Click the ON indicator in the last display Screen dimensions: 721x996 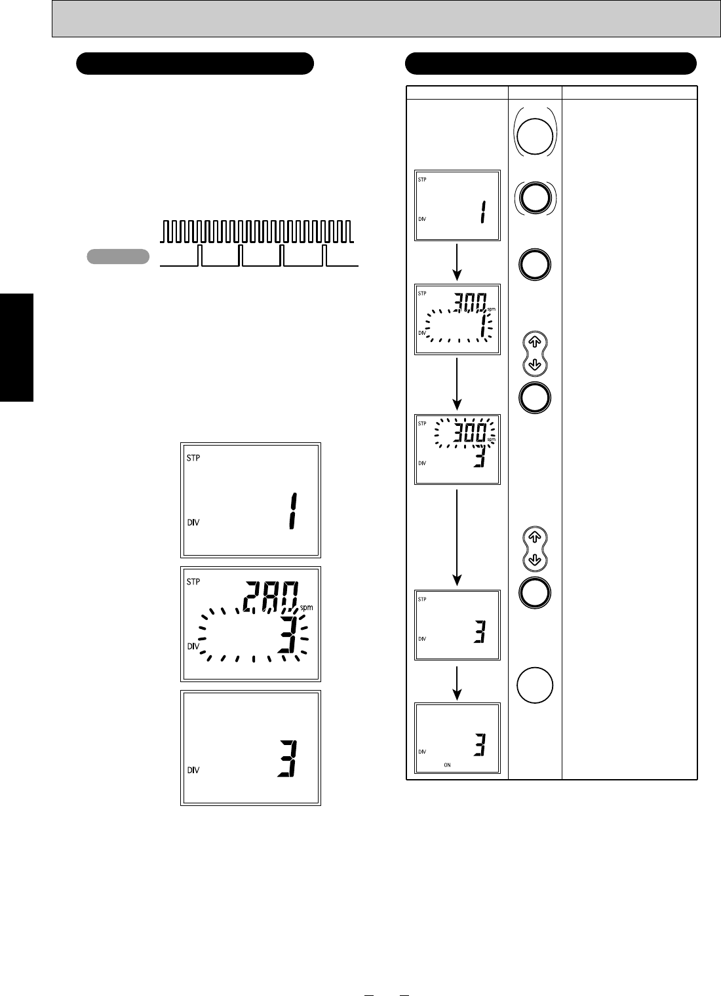(x=447, y=765)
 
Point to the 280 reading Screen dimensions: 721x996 (x=271, y=596)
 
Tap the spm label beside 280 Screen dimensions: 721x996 (x=306, y=607)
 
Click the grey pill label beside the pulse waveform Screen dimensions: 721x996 (x=118, y=257)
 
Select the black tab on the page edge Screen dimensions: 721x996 (x=16, y=347)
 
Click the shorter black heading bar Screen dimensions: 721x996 (x=195, y=63)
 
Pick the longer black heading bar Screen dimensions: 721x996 (x=551, y=63)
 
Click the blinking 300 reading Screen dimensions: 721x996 (x=470, y=432)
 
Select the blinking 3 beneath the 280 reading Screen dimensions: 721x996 (x=288, y=634)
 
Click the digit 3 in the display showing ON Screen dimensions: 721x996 (x=480, y=745)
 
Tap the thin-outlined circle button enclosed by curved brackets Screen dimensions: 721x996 (x=535, y=136)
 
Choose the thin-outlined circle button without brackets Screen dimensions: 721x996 (x=535, y=685)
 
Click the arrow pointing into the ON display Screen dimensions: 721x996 (x=457, y=683)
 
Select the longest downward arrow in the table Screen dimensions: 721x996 (x=457, y=537)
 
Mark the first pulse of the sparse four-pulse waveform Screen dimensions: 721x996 (x=200, y=256)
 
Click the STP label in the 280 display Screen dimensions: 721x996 (x=193, y=582)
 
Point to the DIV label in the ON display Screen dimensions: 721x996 (x=421, y=752)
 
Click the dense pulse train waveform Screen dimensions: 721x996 (x=257, y=231)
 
